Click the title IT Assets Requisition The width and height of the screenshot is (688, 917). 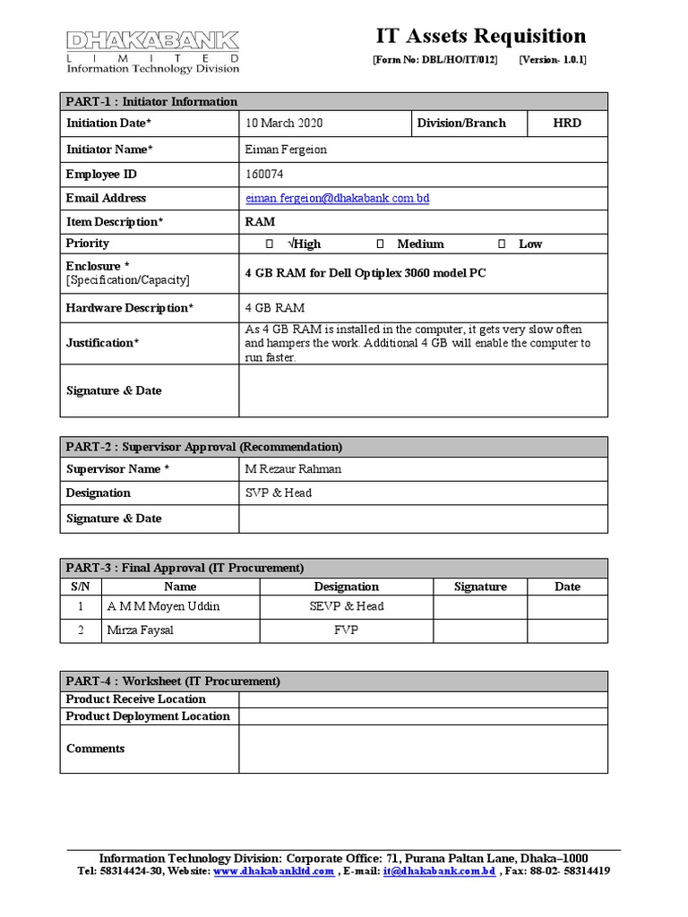(480, 37)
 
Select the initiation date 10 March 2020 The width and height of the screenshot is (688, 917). (284, 124)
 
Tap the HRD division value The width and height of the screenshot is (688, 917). (566, 124)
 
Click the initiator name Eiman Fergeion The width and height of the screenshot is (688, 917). (286, 150)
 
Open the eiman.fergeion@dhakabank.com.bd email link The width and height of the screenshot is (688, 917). (337, 198)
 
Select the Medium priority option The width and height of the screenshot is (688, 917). (381, 244)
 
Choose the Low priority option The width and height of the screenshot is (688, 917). (503, 244)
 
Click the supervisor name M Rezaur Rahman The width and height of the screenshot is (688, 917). (293, 469)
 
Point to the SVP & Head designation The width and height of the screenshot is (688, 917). (278, 493)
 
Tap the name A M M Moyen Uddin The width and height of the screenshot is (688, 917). (163, 606)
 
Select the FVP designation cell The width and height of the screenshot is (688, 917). (346, 630)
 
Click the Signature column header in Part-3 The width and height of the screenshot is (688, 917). (480, 587)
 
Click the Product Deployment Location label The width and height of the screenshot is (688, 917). (148, 716)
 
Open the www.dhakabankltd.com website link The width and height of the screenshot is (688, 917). (274, 871)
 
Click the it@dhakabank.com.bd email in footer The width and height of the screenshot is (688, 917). (439, 871)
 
